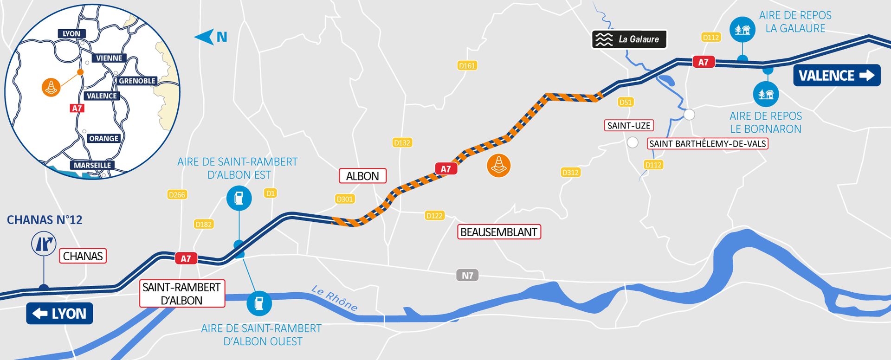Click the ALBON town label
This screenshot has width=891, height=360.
click(362, 176)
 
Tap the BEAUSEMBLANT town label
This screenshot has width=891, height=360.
click(498, 232)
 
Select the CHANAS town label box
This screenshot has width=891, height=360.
click(83, 256)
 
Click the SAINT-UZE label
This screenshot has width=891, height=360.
click(629, 125)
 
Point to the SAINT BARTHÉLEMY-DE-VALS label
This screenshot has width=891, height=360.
click(707, 144)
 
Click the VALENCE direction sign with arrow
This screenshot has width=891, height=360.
click(836, 75)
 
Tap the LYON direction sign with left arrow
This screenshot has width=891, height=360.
click(59, 314)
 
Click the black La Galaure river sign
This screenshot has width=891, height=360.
click(629, 39)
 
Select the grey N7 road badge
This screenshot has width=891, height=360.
click(467, 276)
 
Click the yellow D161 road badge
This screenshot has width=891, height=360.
click(467, 66)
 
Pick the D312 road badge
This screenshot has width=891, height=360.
click(570, 173)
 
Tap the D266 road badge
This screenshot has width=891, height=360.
click(177, 195)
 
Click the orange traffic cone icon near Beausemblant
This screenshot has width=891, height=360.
click(499, 165)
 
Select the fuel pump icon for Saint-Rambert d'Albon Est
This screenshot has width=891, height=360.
click(239, 198)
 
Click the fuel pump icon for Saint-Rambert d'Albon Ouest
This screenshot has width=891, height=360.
click(259, 303)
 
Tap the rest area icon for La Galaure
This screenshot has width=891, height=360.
click(742, 29)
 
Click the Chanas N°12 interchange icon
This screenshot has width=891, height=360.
click(44, 244)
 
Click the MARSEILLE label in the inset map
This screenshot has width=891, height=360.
click(92, 165)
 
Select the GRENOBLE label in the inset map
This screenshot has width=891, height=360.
click(137, 81)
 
